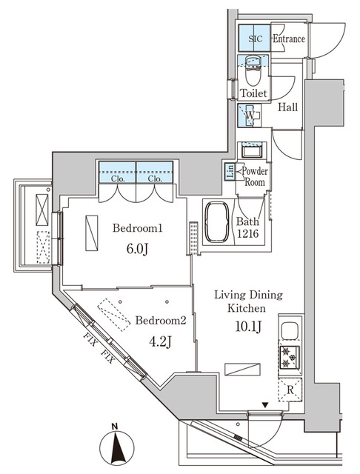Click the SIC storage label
253,39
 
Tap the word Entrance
289,39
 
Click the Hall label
288,107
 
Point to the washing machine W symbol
251,116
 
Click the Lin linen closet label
230,172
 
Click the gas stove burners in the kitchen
288,358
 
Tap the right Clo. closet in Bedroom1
154,178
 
